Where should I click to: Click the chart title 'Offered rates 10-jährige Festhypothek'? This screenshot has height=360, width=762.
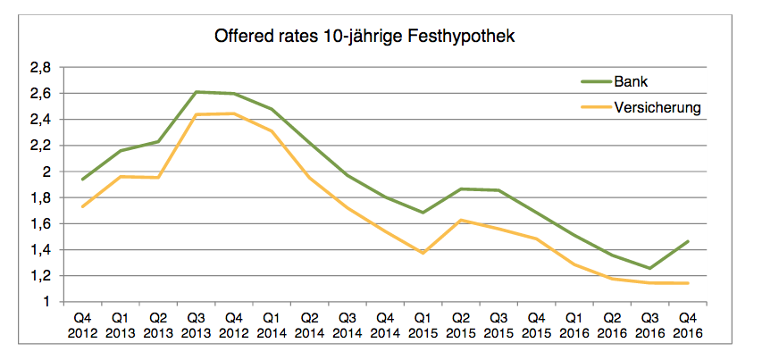[365, 38]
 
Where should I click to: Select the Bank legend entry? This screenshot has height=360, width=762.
[630, 81]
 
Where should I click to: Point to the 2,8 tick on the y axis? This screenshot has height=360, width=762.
[41, 67]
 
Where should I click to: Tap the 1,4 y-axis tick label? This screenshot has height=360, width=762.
[41, 250]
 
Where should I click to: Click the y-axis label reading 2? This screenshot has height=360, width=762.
[47, 172]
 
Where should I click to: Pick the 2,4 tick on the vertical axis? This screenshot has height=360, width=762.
[41, 119]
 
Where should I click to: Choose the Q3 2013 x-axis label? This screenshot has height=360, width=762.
[197, 325]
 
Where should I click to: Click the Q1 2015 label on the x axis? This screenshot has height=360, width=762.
[422, 325]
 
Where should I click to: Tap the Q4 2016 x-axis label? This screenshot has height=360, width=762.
[686, 325]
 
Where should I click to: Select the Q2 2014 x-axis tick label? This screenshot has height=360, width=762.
[309, 325]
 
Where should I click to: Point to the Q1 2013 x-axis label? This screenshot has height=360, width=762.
[121, 325]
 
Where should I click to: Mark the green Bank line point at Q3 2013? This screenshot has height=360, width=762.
[197, 92]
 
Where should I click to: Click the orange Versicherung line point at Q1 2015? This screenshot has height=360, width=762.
[422, 253]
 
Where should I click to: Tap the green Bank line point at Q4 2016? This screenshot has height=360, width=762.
[686, 241]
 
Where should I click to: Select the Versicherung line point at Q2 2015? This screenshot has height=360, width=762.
[460, 220]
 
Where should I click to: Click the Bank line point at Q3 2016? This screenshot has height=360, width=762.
[649, 268]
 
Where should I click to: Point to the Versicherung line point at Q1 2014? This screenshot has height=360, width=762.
[272, 131]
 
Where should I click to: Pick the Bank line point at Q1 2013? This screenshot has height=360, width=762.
[121, 151]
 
